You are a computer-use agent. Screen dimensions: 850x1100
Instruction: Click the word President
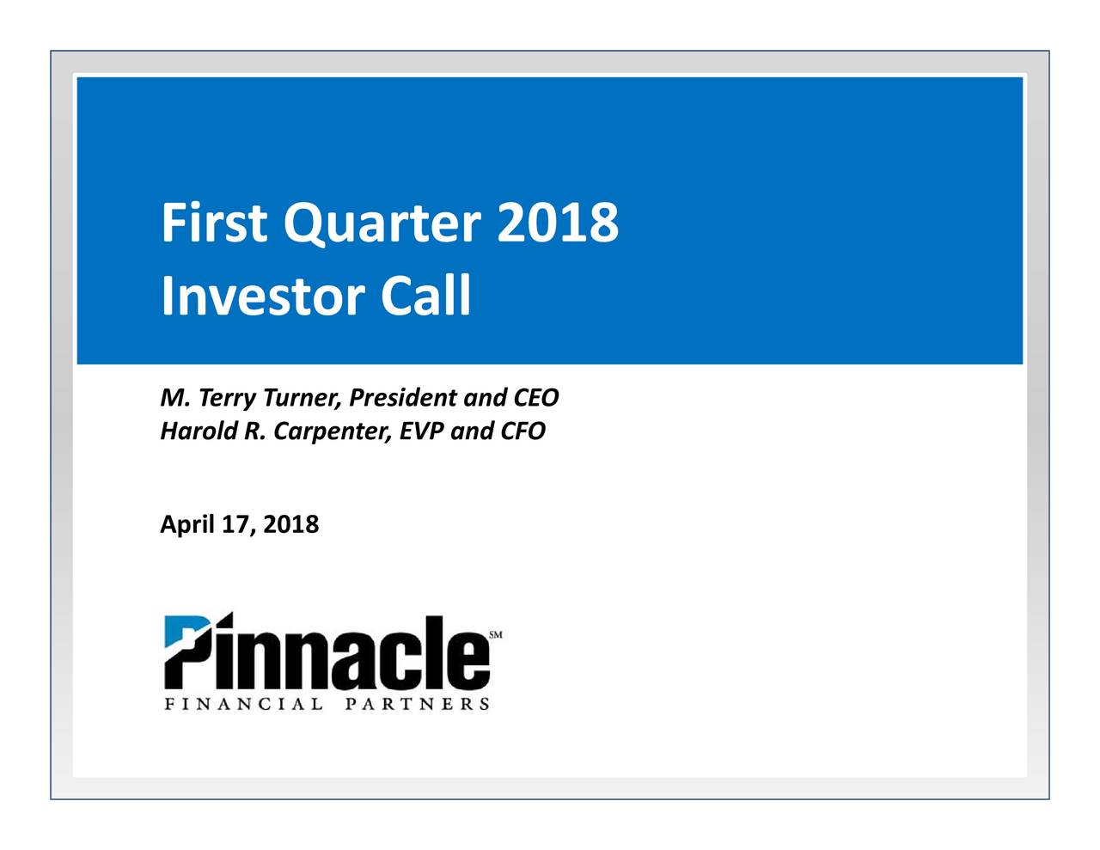point(404,398)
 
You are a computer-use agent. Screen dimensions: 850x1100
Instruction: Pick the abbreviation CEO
point(535,398)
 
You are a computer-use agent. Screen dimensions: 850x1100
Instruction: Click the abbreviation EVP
point(422,431)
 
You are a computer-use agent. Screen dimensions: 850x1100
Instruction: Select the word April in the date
point(186,524)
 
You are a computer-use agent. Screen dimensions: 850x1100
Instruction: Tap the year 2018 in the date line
point(290,524)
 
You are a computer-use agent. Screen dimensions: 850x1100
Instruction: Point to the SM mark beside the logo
point(496,635)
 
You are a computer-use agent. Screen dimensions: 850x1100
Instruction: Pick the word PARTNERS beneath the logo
point(418,704)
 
